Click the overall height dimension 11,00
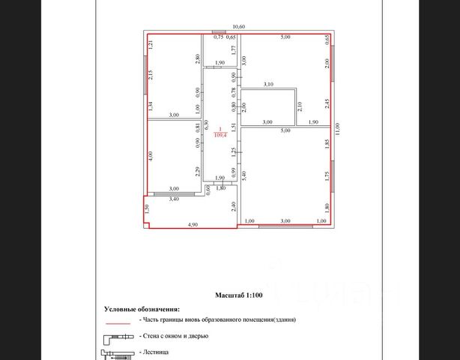click(x=338, y=128)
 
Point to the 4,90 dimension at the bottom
click(x=192, y=224)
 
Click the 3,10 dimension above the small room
click(x=268, y=85)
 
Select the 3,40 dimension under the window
click(x=173, y=199)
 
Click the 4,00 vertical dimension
click(x=151, y=157)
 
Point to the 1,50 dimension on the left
click(x=148, y=209)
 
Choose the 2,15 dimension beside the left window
click(x=151, y=74)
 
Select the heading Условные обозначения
click(x=142, y=309)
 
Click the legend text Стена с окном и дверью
click(x=178, y=336)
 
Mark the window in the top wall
click(x=216, y=33)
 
